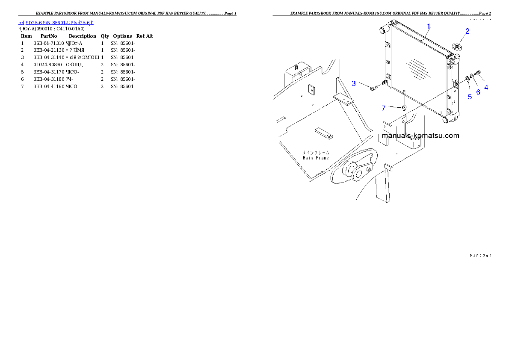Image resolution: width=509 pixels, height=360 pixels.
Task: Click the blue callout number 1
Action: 429,26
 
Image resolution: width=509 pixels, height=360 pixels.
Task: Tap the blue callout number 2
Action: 468,31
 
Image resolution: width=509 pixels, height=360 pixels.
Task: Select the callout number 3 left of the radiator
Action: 354,83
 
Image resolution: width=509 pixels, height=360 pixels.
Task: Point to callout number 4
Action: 486,87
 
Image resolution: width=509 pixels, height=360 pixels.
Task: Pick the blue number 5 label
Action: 470,97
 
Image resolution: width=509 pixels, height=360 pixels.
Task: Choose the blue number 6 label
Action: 478,91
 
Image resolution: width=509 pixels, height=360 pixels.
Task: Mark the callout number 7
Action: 384,108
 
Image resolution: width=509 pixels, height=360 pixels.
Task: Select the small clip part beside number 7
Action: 404,108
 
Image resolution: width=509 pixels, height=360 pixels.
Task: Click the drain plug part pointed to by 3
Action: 372,89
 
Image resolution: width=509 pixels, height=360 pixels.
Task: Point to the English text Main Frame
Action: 316,158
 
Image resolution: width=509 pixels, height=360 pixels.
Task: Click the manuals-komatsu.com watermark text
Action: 420,136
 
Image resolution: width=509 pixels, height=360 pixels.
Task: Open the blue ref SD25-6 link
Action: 56,22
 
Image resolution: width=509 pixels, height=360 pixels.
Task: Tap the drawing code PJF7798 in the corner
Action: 480,256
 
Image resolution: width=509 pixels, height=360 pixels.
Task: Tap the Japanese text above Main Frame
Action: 316,152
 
